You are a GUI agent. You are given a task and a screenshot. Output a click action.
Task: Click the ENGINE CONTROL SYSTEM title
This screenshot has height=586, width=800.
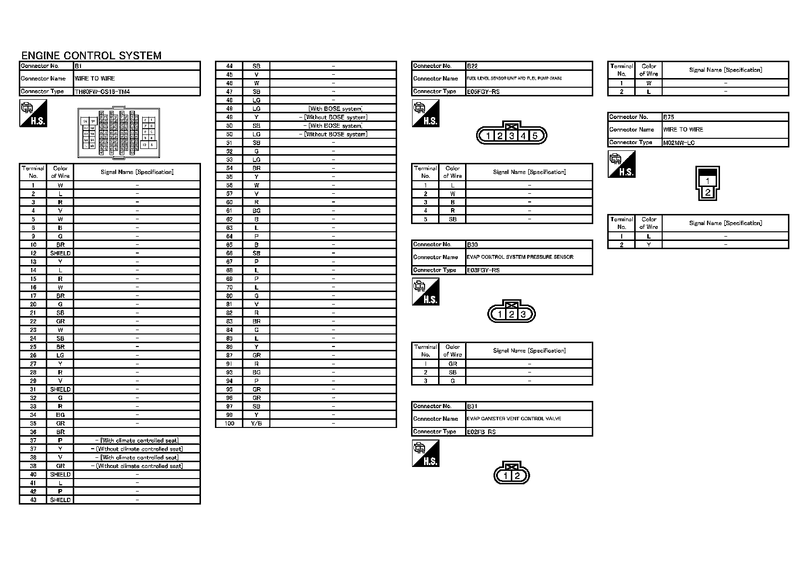coord(91,55)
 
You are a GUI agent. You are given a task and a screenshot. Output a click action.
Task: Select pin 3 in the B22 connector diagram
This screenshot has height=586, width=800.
coord(512,136)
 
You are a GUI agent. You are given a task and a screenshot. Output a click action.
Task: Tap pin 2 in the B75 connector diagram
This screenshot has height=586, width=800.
coord(707,192)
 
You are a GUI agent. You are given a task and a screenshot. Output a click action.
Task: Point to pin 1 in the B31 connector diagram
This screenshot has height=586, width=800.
coord(506,476)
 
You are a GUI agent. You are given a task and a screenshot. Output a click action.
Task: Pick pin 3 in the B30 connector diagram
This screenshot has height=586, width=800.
coord(523,315)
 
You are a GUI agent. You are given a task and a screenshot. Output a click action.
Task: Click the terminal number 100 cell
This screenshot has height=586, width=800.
coord(229,424)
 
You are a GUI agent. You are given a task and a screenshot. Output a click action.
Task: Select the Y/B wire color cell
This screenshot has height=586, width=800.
coord(256,424)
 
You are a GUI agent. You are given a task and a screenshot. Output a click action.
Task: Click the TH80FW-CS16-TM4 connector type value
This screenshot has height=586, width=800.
coord(102,92)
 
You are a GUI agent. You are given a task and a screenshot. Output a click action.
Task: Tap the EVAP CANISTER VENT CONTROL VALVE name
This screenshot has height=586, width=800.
coord(514,419)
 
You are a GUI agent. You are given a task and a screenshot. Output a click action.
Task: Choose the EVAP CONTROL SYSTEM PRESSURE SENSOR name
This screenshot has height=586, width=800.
coord(520,257)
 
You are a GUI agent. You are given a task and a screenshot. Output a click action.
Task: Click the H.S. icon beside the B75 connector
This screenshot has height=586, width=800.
coord(622,164)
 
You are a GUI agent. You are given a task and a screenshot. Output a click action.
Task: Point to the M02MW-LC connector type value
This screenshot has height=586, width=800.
coord(679,143)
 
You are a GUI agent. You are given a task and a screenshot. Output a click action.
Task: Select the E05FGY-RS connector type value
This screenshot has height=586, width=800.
coord(483,92)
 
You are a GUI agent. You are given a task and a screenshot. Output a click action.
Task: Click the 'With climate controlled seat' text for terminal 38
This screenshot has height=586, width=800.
coord(139,457)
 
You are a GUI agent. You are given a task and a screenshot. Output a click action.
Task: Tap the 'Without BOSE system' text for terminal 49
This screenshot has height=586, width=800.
coord(335,117)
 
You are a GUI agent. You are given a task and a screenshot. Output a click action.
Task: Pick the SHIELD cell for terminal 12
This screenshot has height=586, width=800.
coord(60,253)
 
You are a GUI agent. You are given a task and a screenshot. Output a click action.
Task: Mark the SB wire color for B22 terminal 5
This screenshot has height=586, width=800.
coord(453,219)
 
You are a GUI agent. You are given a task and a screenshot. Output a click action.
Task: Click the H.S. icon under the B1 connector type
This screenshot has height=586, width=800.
coord(33,114)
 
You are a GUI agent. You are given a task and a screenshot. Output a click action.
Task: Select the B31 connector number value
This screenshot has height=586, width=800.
coord(472,406)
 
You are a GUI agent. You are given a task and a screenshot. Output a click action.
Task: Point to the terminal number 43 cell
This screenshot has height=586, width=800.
coord(33,500)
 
